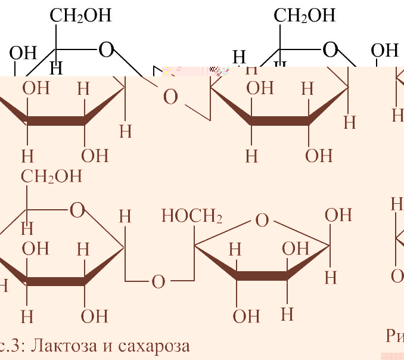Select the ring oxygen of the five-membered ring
[x=262, y=221]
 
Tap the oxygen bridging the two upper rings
[x=170, y=97]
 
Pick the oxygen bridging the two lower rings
[x=158, y=282]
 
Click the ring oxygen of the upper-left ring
[x=106, y=50]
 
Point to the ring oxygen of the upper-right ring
[x=330, y=50]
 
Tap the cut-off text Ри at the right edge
[x=394, y=336]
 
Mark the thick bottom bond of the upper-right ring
[x=279, y=120]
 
